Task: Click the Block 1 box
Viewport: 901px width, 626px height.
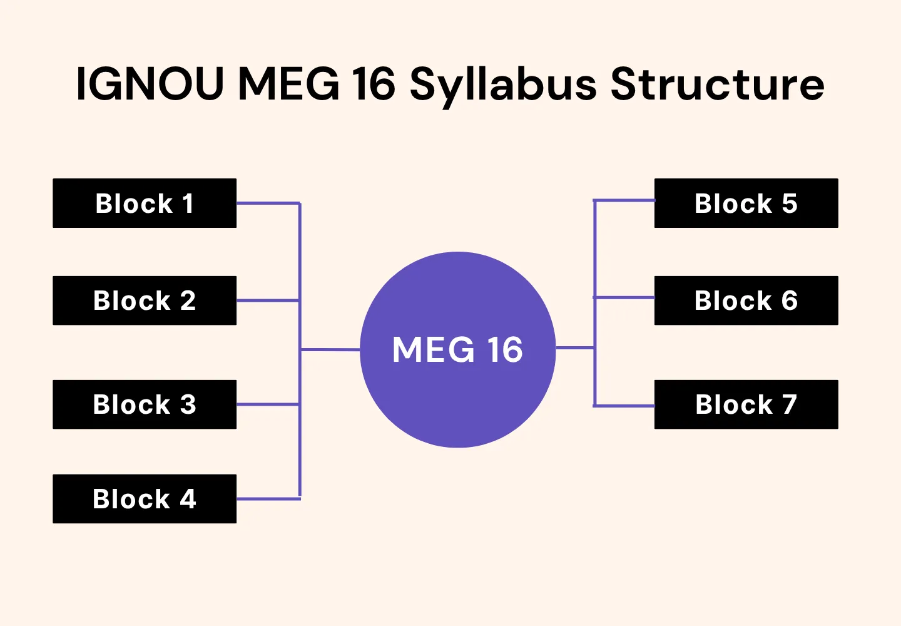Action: coord(145,203)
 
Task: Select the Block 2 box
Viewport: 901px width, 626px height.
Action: coord(145,300)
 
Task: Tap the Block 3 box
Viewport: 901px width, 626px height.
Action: coord(145,404)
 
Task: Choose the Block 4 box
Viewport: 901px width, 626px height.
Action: coord(145,499)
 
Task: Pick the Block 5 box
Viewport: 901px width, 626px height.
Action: coord(746,203)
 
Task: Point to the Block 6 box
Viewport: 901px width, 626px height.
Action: coord(746,300)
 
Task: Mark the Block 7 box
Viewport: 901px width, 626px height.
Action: coord(746,404)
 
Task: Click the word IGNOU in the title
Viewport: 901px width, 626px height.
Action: coord(150,84)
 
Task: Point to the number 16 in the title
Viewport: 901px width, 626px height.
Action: coord(373,84)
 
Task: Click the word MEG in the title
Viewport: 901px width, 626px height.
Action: coord(288,84)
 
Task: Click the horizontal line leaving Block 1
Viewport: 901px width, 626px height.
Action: coord(268,203)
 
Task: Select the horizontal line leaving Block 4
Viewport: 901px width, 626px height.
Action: coord(268,499)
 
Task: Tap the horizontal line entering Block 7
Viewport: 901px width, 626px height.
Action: coord(624,406)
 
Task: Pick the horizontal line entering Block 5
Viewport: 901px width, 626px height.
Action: coord(624,200)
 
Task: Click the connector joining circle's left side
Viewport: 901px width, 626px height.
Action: coord(330,349)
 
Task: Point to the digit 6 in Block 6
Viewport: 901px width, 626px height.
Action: coord(789,300)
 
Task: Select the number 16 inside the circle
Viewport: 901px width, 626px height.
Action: coord(505,349)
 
